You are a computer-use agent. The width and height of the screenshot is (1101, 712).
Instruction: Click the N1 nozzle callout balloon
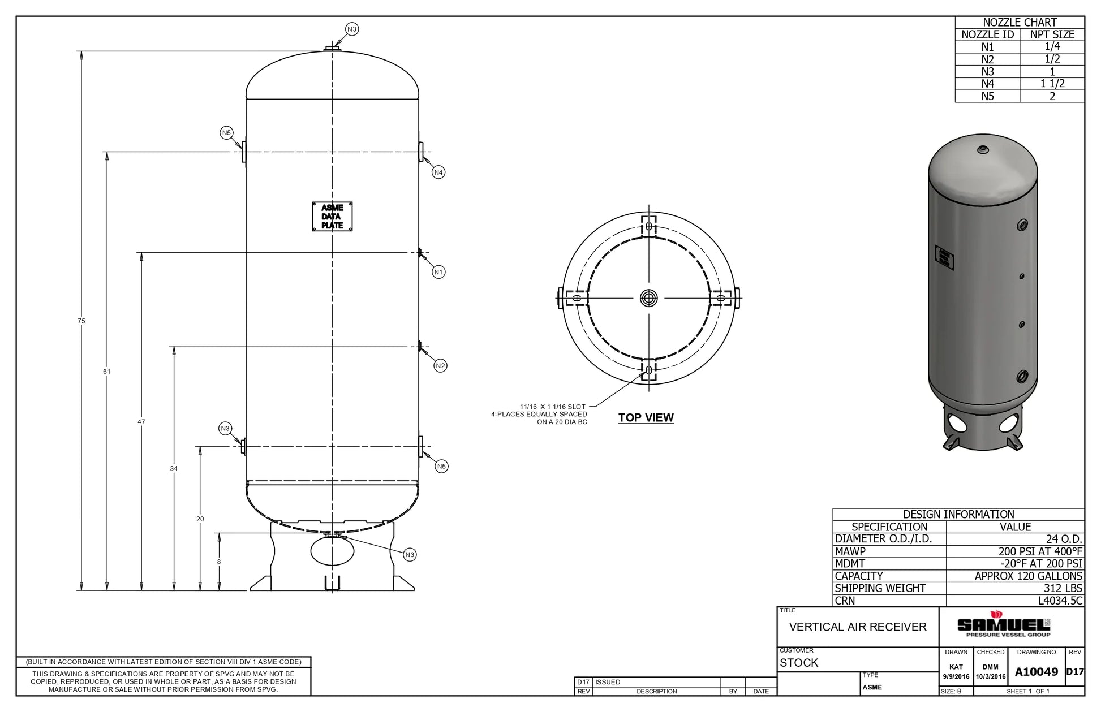tap(438, 272)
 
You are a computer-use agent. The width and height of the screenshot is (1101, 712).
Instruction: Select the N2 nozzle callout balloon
tap(441, 366)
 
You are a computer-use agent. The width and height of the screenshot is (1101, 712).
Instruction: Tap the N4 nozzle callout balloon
tap(438, 172)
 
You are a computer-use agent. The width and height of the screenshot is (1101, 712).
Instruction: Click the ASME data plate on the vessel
tap(333, 217)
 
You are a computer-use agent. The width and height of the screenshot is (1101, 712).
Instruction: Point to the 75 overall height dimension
tap(81, 321)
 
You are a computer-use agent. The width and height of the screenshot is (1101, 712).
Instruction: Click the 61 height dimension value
tap(107, 372)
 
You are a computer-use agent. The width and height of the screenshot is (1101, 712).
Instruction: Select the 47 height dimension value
tap(141, 422)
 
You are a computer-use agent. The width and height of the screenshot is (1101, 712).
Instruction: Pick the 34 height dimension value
tap(174, 469)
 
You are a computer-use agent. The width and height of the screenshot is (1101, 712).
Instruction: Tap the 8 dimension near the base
tap(219, 562)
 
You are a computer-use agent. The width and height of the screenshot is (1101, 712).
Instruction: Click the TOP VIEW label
tap(646, 418)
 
